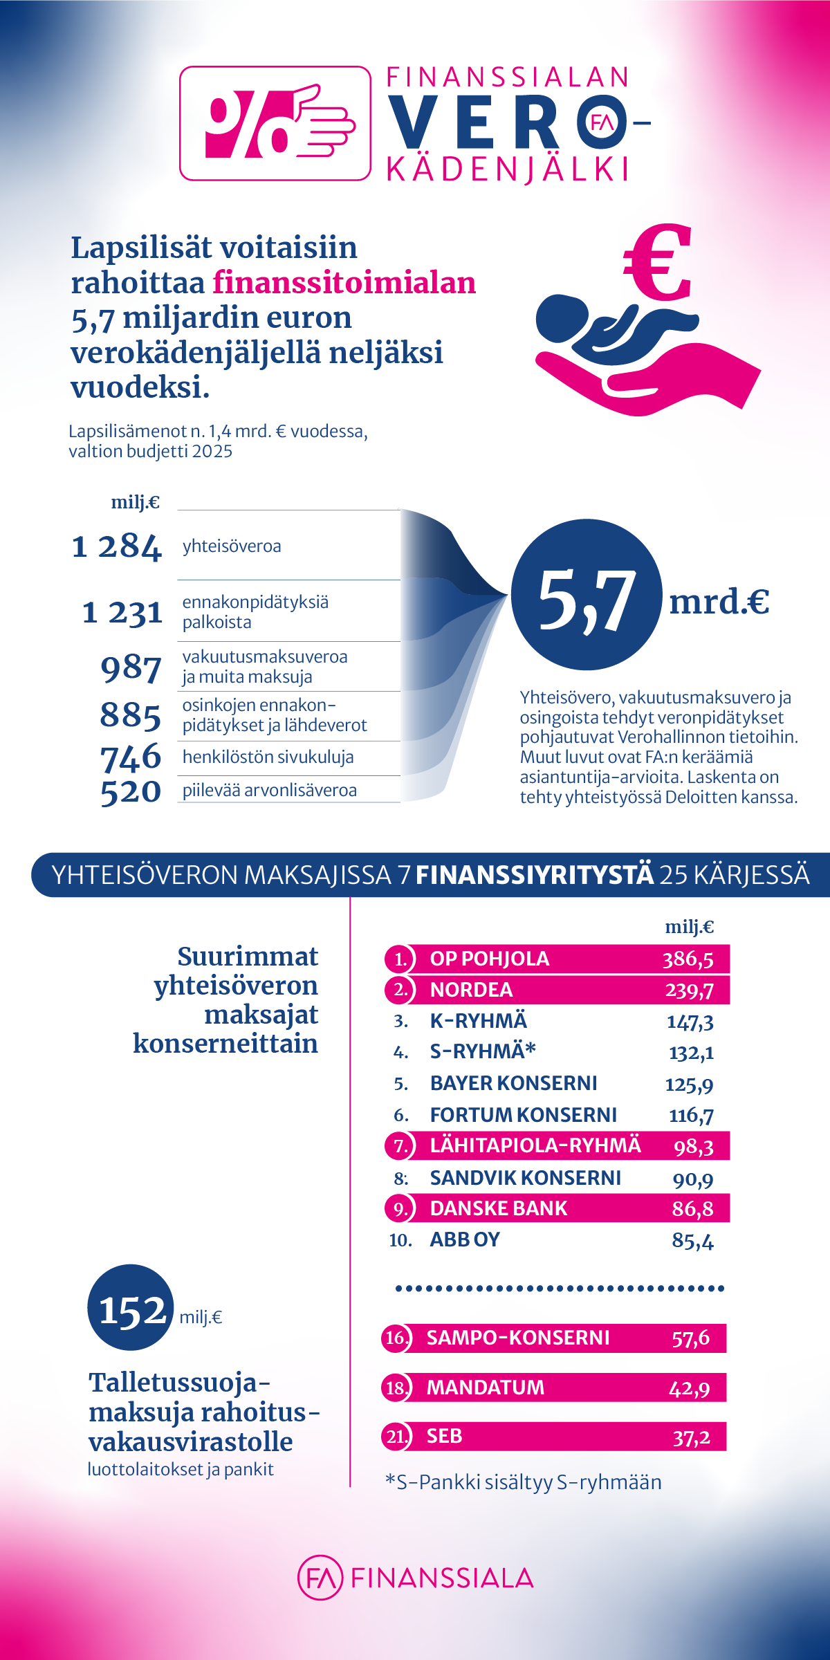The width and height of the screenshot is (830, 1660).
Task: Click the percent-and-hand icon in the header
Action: click(x=275, y=123)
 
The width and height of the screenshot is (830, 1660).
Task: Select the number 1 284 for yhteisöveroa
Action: click(x=116, y=546)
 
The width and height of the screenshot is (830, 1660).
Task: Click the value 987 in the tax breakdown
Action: click(x=131, y=668)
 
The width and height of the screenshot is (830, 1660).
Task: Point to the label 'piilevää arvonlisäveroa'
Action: click(x=270, y=790)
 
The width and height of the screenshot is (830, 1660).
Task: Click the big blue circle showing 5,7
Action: click(x=587, y=595)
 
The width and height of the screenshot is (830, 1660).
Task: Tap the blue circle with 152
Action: click(x=131, y=1308)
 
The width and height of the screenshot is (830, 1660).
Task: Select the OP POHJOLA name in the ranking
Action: click(x=490, y=959)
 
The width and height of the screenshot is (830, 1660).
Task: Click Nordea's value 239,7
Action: click(x=689, y=990)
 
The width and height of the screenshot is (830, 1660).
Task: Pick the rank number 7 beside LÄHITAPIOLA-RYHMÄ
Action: click(x=400, y=1146)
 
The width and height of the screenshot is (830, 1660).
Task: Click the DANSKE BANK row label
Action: click(x=498, y=1208)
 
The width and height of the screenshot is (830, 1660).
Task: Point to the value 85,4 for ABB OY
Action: click(x=692, y=1240)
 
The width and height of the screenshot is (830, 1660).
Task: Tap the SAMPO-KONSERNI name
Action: click(x=518, y=1338)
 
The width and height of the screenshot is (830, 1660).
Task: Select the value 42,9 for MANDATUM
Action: click(x=689, y=1387)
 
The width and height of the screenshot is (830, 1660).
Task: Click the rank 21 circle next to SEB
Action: click(x=396, y=1437)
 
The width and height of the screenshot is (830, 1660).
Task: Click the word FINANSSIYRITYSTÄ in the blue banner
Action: click(x=534, y=875)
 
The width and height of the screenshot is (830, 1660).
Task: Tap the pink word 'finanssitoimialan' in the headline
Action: click(x=344, y=283)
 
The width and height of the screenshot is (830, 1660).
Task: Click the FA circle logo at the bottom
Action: click(x=320, y=1578)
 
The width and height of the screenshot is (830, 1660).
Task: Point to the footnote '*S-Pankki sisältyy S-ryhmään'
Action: click(x=524, y=1482)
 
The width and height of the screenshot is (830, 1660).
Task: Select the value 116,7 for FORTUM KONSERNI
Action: click(x=691, y=1115)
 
